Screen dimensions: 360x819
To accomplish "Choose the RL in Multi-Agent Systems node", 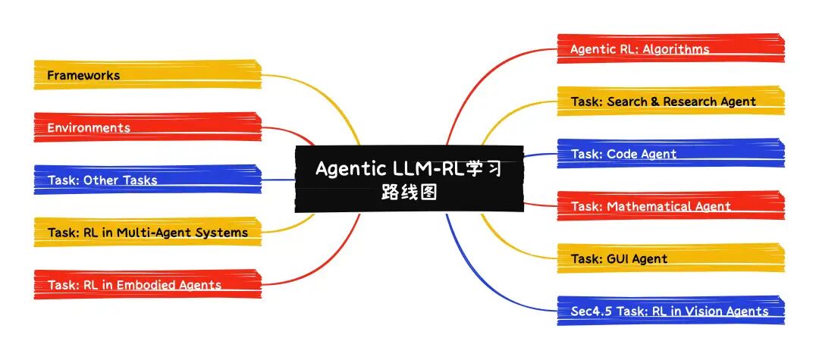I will [x=148, y=232].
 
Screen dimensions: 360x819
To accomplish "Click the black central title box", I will [x=409, y=179].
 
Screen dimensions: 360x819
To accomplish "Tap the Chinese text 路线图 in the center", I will [x=409, y=193].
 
